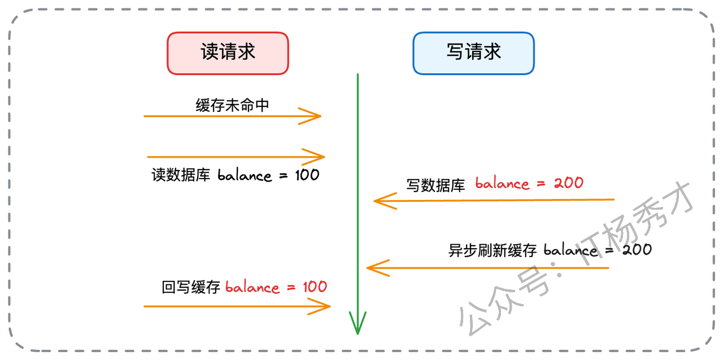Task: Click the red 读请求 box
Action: click(x=228, y=53)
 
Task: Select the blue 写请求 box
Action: click(x=473, y=53)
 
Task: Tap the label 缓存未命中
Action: click(x=232, y=105)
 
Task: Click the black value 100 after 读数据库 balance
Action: click(x=307, y=175)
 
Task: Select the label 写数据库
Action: click(x=435, y=185)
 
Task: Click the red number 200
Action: click(x=568, y=183)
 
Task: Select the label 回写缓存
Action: click(x=190, y=288)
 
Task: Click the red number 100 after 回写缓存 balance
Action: click(x=315, y=287)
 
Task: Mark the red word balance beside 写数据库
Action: click(x=502, y=184)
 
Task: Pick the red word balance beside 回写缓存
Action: click(x=252, y=287)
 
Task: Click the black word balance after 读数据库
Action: click(x=245, y=175)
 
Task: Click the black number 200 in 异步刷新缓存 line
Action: click(x=637, y=249)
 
